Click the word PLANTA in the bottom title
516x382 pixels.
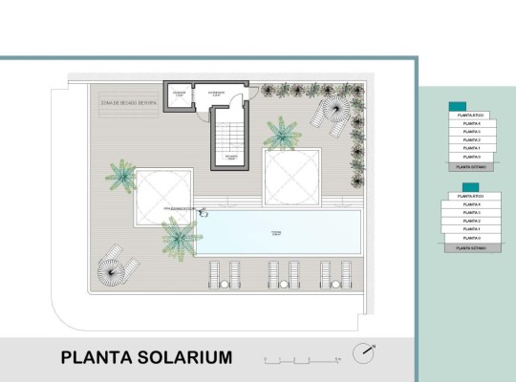point(91,358)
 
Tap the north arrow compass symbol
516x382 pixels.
point(363,352)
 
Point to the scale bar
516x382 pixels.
point(301,361)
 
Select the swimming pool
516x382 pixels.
point(277,232)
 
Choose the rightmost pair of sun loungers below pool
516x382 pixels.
point(335,274)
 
